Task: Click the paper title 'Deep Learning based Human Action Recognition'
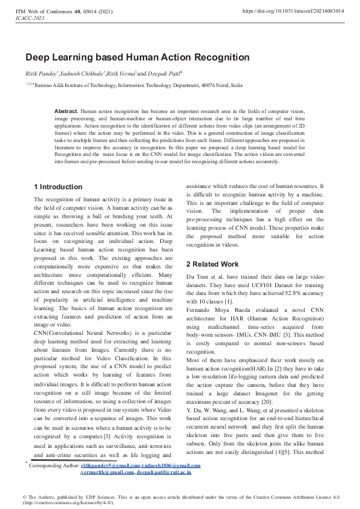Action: [x=137, y=57]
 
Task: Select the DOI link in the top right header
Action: [x=292, y=11]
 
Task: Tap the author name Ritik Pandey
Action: [x=41, y=73]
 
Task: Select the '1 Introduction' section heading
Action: [x=58, y=187]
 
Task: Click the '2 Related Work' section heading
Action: [x=212, y=264]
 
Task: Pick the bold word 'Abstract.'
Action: [x=66, y=112]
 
